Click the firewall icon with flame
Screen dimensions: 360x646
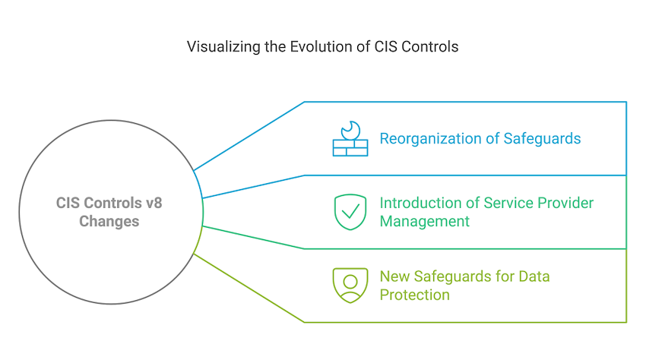(350, 139)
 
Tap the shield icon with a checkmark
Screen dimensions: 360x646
(350, 212)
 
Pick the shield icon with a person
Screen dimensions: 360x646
(350, 285)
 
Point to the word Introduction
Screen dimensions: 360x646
(420, 203)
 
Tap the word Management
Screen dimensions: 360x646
(425, 221)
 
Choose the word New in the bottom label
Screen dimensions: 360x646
(394, 276)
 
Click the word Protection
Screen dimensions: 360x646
(415, 294)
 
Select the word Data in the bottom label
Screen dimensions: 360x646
(534, 276)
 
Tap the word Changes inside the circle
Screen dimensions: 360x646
(109, 221)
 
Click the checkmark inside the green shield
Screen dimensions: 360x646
(350, 212)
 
